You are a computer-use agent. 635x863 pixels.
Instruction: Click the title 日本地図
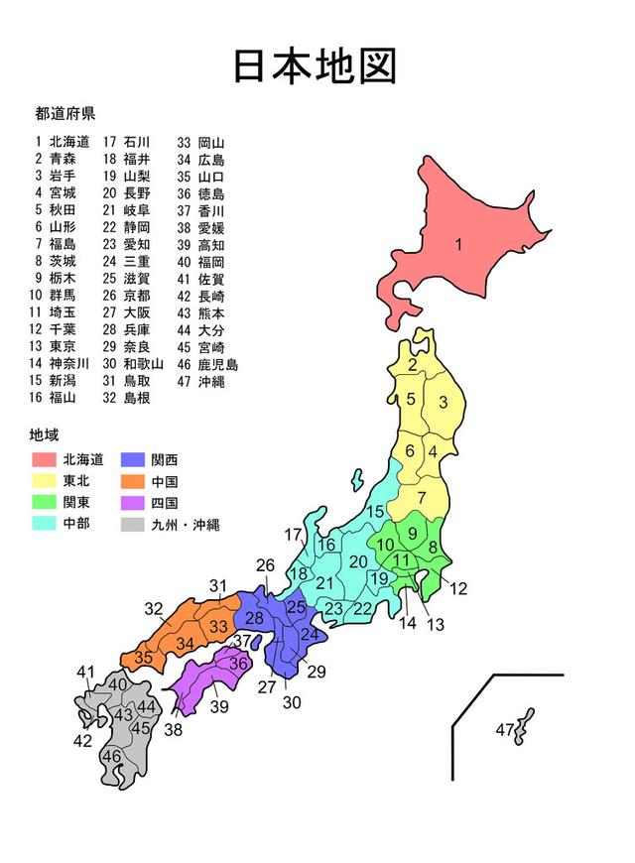pyautogui.click(x=316, y=65)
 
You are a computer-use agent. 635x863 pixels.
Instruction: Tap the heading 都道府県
pyautogui.click(x=64, y=112)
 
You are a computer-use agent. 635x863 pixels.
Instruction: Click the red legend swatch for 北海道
pyautogui.click(x=43, y=459)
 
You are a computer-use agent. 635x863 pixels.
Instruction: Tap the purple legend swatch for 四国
pyautogui.click(x=134, y=503)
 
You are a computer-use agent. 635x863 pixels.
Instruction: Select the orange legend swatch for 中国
pyautogui.click(x=134, y=481)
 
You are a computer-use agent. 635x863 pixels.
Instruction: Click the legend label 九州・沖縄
pyautogui.click(x=186, y=525)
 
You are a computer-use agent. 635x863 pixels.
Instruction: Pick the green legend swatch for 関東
pyautogui.click(x=43, y=503)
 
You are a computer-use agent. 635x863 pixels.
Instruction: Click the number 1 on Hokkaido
pyautogui.click(x=458, y=245)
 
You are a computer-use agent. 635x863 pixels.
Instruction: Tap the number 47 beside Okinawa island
pyautogui.click(x=504, y=731)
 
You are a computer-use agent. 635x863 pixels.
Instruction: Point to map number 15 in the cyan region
pyautogui.click(x=375, y=512)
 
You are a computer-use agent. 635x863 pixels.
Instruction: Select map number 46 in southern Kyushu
pyautogui.click(x=112, y=756)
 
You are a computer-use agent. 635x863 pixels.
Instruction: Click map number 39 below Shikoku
pyautogui.click(x=219, y=706)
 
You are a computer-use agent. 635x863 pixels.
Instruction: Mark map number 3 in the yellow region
pyautogui.click(x=444, y=402)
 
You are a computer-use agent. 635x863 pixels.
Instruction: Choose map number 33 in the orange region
pyautogui.click(x=217, y=626)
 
